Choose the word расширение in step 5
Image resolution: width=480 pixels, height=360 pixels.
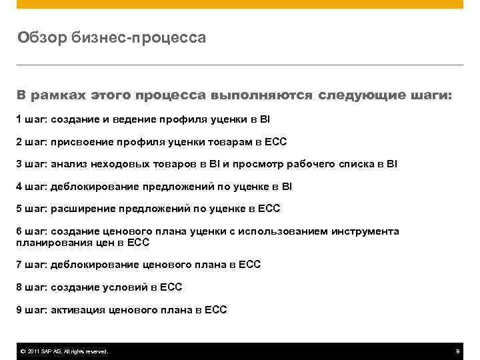tap(83, 209)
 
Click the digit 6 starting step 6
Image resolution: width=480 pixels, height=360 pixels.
tap(19, 231)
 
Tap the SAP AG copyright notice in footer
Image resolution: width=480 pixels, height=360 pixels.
tap(64, 351)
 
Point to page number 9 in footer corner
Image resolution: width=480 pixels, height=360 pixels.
tap(457, 351)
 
